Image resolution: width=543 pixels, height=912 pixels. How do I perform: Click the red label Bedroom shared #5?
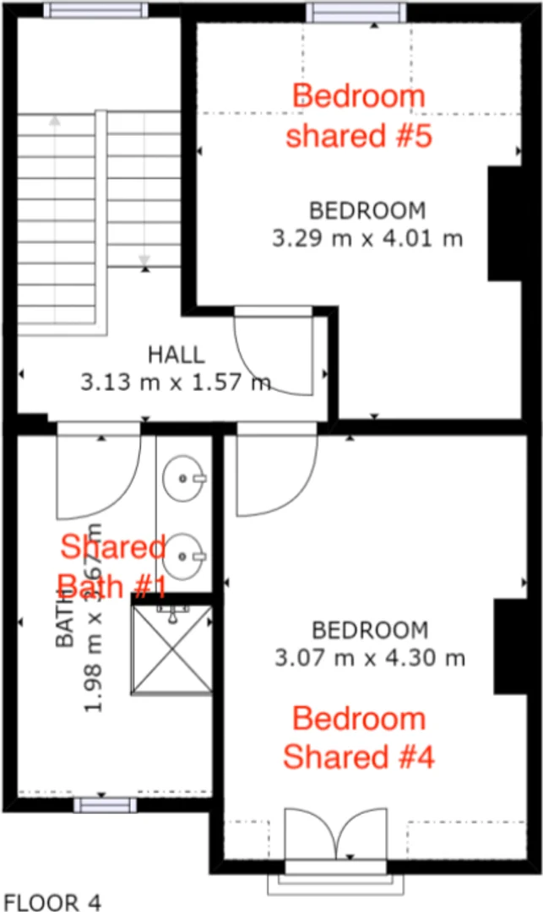click(x=358, y=116)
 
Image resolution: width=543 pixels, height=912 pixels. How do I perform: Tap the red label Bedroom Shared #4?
click(x=358, y=738)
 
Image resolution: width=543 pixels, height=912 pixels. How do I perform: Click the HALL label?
click(x=176, y=355)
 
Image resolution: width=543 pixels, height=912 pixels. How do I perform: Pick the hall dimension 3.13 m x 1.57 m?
click(x=176, y=383)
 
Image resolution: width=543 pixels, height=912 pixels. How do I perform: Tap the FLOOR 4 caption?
click(x=52, y=902)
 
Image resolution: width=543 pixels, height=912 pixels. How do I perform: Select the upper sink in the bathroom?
click(x=183, y=478)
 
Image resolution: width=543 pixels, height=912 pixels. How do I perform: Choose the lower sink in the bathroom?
click(x=183, y=554)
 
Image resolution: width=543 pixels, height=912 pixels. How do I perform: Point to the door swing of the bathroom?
click(x=95, y=475)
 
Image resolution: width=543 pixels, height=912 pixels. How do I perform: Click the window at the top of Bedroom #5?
click(x=355, y=13)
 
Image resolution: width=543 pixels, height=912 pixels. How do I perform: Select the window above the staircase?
click(x=95, y=10)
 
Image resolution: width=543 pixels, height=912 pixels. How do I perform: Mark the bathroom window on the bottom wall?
click(x=101, y=805)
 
